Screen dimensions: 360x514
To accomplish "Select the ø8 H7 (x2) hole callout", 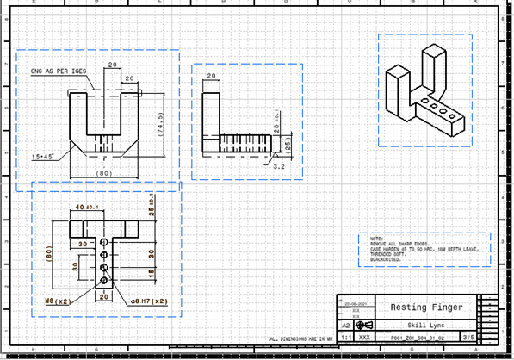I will [x=149, y=302].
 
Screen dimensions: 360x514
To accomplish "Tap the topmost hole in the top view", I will [x=104, y=243].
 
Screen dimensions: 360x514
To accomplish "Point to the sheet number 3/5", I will [x=469, y=338].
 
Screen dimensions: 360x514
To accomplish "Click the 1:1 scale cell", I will [x=344, y=338].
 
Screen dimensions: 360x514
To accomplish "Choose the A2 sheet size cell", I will [x=345, y=325].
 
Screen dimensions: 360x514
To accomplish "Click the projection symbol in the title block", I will [x=364, y=325].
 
